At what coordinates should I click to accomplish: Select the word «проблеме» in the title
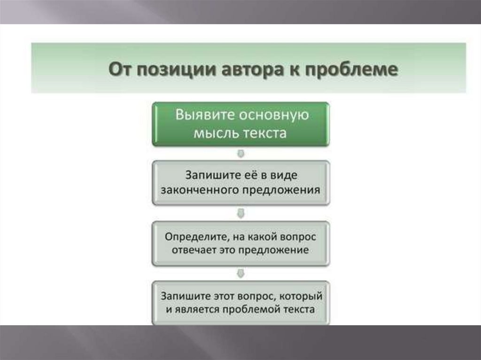click(351, 69)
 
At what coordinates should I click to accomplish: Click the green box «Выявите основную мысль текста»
click(241, 124)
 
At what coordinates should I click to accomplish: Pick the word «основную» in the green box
click(274, 115)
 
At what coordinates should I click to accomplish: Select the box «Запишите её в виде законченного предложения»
click(241, 183)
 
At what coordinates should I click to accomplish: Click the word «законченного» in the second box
click(200, 190)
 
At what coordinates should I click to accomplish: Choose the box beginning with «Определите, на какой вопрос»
click(241, 244)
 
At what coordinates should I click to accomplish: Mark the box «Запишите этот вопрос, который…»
click(241, 303)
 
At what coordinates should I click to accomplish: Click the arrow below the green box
click(241, 153)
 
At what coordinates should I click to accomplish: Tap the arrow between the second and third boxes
click(241, 214)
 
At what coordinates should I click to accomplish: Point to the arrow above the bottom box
click(241, 274)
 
